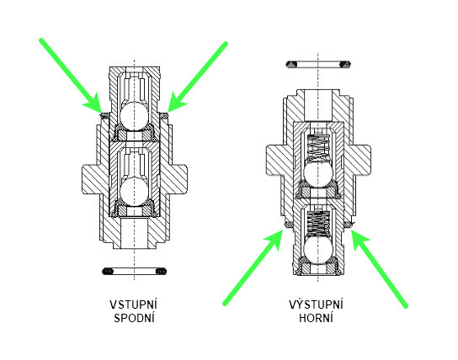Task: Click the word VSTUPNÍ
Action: [x=134, y=304]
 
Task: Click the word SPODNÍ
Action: [x=134, y=318]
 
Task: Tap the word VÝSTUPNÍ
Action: [x=317, y=304]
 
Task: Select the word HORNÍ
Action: [x=316, y=318]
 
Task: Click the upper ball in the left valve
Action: [x=135, y=115]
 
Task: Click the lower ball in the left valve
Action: [x=135, y=192]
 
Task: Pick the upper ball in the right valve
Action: [x=318, y=173]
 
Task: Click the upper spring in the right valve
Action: [x=318, y=148]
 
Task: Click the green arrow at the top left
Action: [x=71, y=75]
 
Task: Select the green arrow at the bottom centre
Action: [x=253, y=267]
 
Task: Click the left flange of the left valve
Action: [x=91, y=179]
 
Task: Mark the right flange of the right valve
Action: [x=362, y=161]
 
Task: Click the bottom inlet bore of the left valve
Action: [x=135, y=233]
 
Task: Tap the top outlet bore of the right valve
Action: [x=318, y=105]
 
